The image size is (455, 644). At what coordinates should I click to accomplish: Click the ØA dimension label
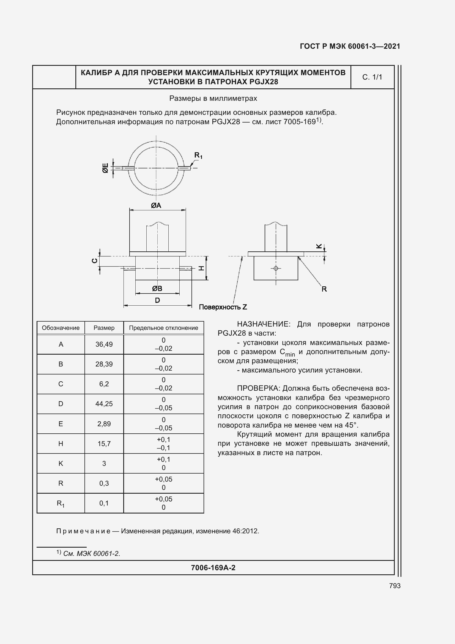(156, 206)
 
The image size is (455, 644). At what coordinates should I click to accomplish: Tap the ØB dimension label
(157, 288)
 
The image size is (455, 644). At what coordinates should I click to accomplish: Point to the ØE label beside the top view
(105, 168)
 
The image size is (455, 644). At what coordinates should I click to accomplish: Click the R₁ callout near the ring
(198, 155)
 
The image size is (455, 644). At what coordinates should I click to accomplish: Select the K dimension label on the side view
(319, 246)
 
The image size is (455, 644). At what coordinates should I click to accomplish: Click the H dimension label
(201, 268)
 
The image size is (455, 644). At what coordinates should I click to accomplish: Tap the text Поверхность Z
(223, 307)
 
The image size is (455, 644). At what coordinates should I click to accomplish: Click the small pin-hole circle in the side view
(276, 268)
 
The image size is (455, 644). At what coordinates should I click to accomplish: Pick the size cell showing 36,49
(104, 344)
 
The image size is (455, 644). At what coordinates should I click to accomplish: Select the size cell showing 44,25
(104, 404)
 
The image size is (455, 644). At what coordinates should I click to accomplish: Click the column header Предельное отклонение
(163, 328)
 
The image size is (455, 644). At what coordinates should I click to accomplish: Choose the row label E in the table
(61, 424)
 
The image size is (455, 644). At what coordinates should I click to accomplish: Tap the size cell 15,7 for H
(104, 444)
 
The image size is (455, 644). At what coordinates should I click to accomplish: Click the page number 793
(394, 586)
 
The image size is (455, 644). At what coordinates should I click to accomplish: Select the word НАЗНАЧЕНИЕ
(262, 324)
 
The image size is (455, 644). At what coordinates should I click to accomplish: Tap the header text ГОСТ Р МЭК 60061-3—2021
(350, 46)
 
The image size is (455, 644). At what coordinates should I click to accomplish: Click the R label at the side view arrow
(324, 289)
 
